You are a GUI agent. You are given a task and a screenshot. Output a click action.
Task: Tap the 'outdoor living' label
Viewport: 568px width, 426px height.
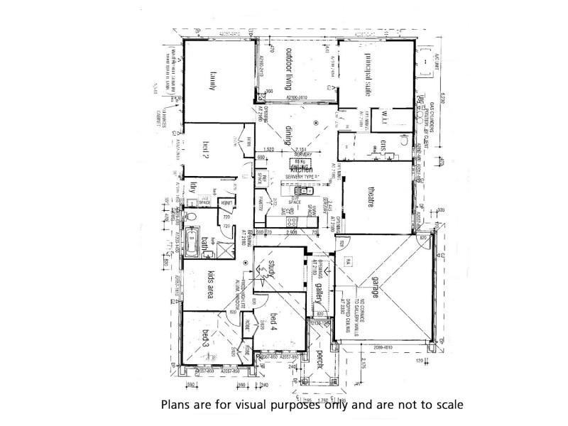point(289,68)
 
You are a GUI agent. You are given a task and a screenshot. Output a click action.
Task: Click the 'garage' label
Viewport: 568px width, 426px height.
point(376,291)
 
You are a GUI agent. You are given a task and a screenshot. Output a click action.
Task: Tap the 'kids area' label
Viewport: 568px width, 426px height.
point(210,283)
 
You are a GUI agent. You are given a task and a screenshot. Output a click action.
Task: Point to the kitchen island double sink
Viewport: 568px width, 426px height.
point(301,190)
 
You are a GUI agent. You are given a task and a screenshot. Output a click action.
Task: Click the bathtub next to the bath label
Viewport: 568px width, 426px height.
point(190,241)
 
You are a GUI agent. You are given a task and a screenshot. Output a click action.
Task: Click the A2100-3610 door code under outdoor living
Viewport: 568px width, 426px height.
point(300,99)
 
